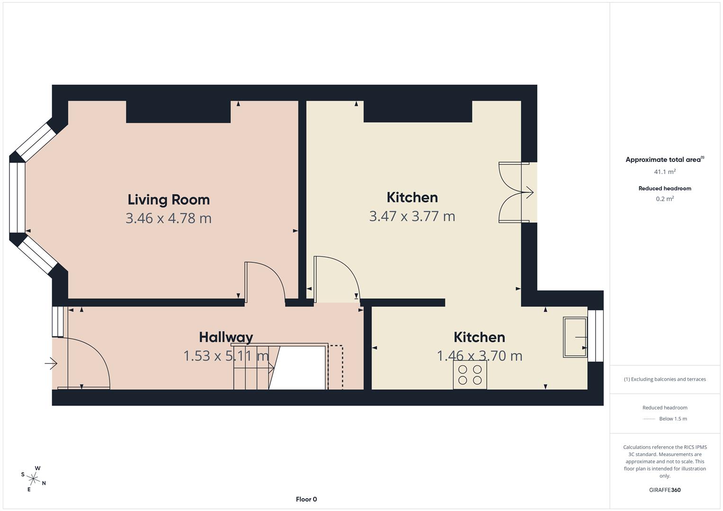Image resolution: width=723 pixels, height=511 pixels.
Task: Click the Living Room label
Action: click(x=169, y=200)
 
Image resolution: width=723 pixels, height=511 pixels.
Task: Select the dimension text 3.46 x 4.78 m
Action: click(x=169, y=218)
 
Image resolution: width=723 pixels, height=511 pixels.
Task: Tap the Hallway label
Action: click(x=226, y=337)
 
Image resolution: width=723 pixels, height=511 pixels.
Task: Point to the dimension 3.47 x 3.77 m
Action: click(x=412, y=216)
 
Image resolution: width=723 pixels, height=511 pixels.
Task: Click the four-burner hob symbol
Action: click(x=470, y=375)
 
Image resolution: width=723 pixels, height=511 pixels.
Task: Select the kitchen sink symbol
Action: click(x=575, y=337)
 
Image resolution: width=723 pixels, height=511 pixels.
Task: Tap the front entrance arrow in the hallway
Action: click(x=51, y=364)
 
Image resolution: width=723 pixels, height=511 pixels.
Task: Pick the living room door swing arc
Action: click(x=268, y=279)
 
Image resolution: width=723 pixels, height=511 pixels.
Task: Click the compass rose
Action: click(x=34, y=478)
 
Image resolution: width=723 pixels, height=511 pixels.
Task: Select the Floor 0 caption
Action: click(x=306, y=499)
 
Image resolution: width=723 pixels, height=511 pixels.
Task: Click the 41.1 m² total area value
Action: click(x=665, y=172)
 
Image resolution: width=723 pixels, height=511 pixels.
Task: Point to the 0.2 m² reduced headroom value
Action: click(x=665, y=199)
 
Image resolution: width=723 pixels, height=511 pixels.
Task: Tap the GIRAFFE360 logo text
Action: click(x=665, y=490)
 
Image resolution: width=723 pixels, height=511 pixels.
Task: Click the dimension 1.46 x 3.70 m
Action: click(x=479, y=356)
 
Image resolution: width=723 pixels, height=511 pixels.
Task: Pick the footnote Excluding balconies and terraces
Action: click(x=665, y=379)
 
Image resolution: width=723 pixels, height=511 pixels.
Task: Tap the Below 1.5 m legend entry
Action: click(x=672, y=419)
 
